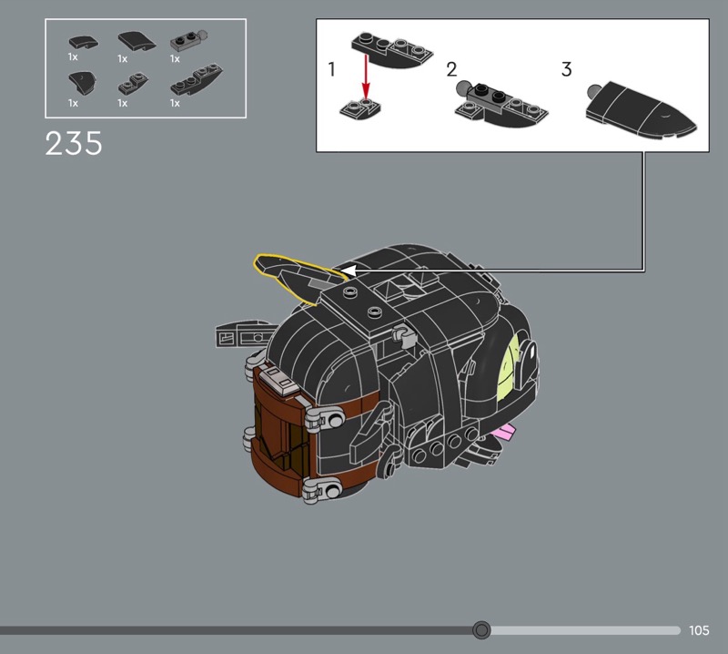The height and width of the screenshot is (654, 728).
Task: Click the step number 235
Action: pyautogui.click(x=74, y=143)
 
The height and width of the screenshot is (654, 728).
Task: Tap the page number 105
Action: pyautogui.click(x=699, y=630)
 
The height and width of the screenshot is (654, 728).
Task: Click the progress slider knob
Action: pyautogui.click(x=481, y=630)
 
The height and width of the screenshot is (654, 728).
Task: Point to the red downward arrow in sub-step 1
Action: pyautogui.click(x=367, y=77)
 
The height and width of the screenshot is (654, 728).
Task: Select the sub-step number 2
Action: pyautogui.click(x=451, y=69)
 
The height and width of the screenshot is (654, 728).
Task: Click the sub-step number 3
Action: pyautogui.click(x=566, y=69)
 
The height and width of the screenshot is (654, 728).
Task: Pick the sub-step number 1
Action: pyautogui.click(x=331, y=69)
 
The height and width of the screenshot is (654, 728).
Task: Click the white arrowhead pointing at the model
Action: pyautogui.click(x=349, y=270)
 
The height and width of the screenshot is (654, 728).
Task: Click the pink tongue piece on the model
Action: pyautogui.click(x=504, y=434)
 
